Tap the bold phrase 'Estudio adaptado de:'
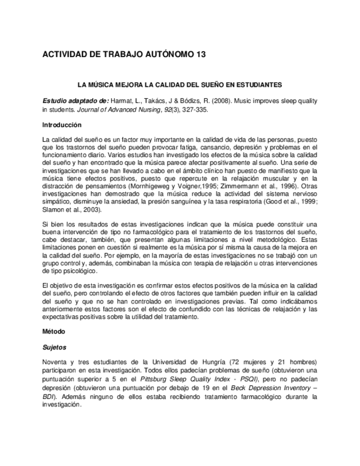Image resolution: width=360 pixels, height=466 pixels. click(x=75, y=102)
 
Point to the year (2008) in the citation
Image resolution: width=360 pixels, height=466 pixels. click(x=217, y=102)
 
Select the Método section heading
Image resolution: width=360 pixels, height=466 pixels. click(x=54, y=332)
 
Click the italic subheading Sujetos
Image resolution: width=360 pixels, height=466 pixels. click(x=54, y=347)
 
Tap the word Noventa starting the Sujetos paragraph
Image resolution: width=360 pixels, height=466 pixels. click(x=54, y=363)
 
